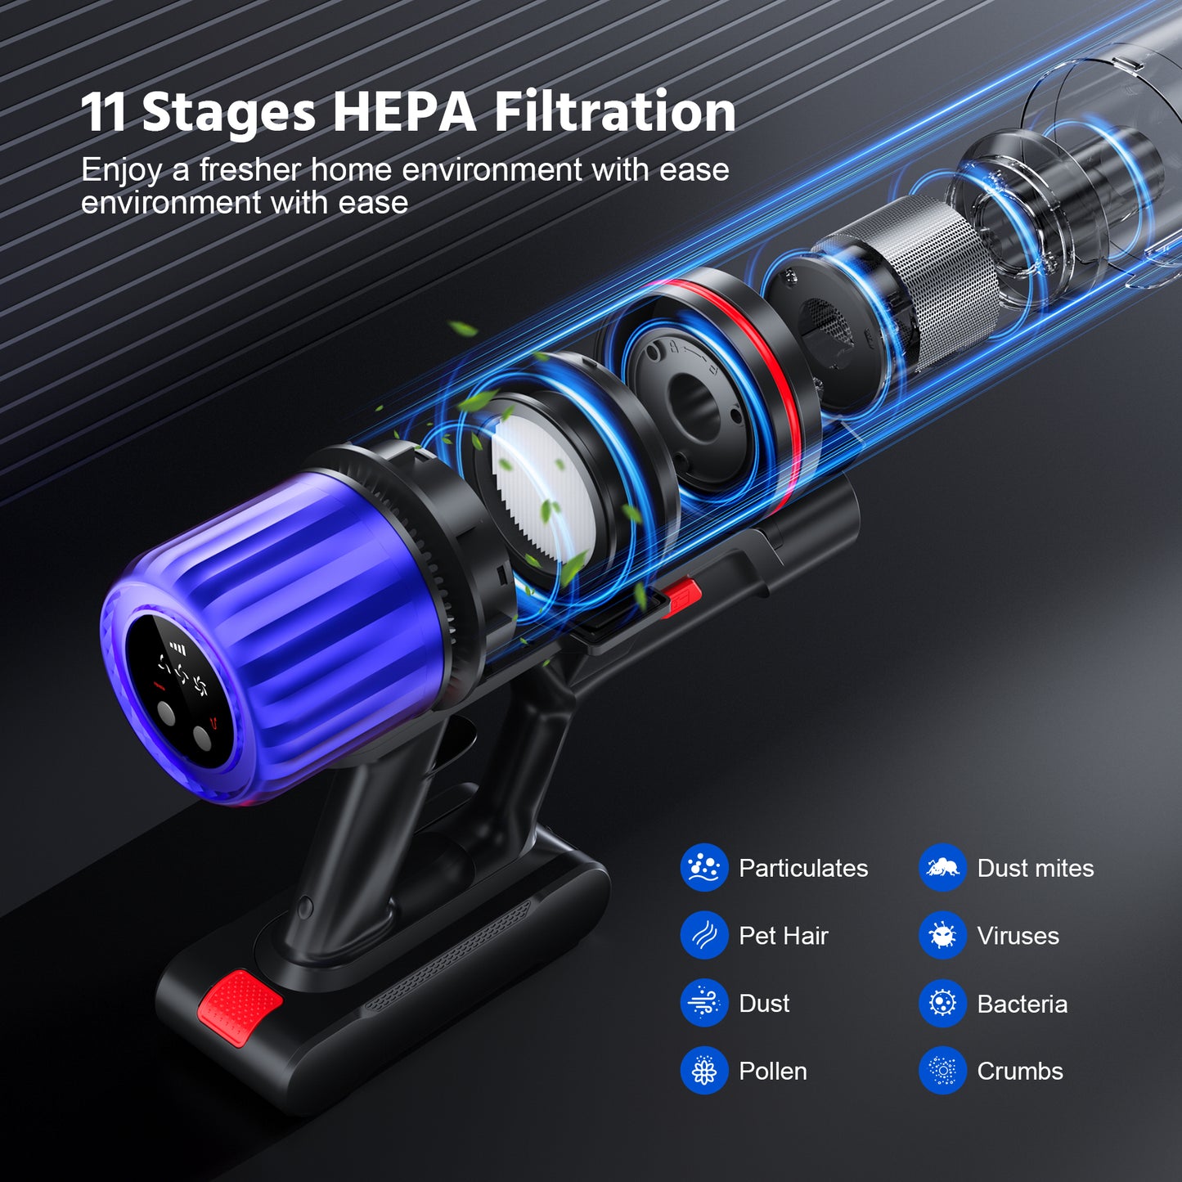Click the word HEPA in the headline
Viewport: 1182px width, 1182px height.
coord(403,111)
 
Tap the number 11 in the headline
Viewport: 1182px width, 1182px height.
coord(104,112)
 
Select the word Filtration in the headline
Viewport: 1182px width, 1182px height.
coord(614,111)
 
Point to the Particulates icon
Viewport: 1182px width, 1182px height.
coord(704,868)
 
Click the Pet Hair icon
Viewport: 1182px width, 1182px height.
coord(704,936)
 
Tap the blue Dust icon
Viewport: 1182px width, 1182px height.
coord(704,1004)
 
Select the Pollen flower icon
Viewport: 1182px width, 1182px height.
coord(704,1071)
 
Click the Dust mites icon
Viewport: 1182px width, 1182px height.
coord(943,868)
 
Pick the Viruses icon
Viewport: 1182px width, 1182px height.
coord(943,936)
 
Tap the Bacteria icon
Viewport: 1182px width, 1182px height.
coord(943,1004)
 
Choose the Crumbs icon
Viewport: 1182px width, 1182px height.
coord(943,1071)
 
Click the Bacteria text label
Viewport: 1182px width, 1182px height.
coord(1022,1004)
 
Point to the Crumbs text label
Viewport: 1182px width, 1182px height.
coord(1020,1072)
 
